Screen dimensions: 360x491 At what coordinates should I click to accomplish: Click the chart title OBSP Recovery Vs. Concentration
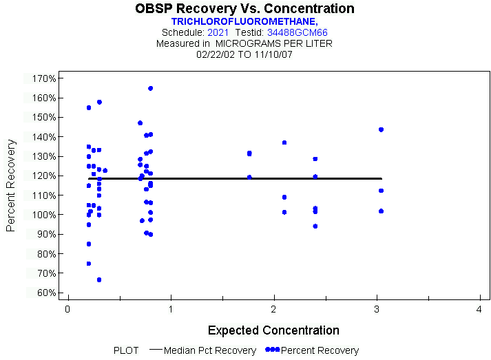(x=244, y=9)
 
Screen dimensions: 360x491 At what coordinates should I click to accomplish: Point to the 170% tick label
(x=43, y=78)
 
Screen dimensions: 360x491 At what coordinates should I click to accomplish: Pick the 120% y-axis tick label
(x=43, y=176)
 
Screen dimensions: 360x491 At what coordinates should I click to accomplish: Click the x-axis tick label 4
(x=479, y=310)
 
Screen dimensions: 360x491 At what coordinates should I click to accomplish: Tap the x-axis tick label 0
(x=67, y=310)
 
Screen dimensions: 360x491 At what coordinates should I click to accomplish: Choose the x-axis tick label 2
(x=273, y=310)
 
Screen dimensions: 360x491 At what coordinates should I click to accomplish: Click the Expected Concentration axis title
(x=273, y=330)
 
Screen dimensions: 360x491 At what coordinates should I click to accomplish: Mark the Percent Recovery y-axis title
(x=11, y=185)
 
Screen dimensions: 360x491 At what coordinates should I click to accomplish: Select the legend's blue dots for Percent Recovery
(x=273, y=350)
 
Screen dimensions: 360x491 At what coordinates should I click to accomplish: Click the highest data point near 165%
(x=150, y=88)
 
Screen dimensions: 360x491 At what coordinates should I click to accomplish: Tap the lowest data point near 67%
(x=99, y=279)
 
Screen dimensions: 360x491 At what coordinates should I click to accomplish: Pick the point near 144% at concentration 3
(x=381, y=129)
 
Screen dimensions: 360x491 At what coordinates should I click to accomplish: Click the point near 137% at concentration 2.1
(x=284, y=142)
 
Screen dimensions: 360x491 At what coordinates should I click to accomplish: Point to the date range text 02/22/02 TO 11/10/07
(x=244, y=54)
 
